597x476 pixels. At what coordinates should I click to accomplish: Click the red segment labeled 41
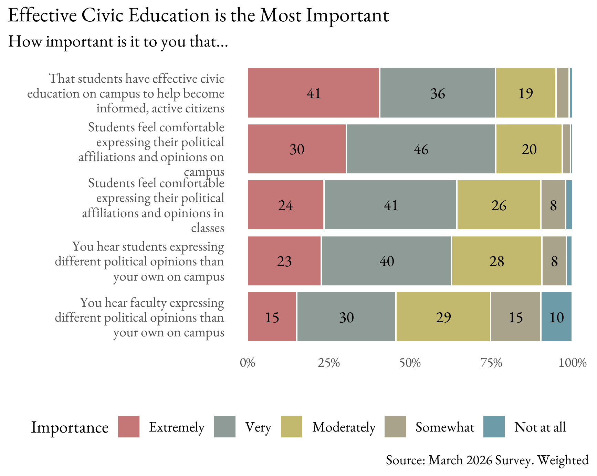tap(313, 93)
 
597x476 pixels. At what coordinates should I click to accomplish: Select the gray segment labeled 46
tap(421, 149)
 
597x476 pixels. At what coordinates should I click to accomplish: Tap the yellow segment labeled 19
tap(525, 93)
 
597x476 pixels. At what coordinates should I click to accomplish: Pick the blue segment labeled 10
tap(556, 317)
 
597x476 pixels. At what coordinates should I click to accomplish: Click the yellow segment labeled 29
tap(443, 317)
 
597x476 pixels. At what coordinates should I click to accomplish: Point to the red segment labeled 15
tap(272, 317)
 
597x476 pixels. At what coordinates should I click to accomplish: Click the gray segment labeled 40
tap(386, 261)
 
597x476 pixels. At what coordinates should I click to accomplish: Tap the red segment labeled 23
tap(284, 261)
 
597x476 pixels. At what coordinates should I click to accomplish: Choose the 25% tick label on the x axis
tap(329, 363)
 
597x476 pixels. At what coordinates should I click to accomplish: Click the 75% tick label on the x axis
tap(491, 363)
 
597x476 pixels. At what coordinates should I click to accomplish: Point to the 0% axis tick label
tap(248, 363)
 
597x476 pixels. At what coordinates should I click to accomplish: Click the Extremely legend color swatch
tap(129, 427)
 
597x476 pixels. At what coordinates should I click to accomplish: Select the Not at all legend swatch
tap(494, 427)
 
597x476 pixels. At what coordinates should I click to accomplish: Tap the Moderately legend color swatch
tap(292, 427)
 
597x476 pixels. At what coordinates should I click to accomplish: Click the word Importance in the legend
tap(70, 427)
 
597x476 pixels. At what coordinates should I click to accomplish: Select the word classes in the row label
tap(208, 228)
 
